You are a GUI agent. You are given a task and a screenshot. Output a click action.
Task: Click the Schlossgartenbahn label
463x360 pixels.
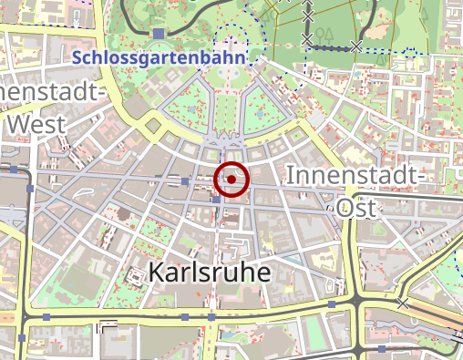159,58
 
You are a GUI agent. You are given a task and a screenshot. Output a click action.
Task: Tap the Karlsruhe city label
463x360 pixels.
211,272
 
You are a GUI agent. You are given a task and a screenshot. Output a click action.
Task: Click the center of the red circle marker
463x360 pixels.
232,180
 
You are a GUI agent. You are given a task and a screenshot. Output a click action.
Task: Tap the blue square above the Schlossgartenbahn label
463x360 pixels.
159,34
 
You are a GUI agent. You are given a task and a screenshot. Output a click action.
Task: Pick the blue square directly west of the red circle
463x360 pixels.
186,181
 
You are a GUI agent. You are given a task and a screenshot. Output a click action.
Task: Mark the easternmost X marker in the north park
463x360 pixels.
356,46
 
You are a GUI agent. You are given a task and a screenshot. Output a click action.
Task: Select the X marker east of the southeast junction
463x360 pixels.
402,303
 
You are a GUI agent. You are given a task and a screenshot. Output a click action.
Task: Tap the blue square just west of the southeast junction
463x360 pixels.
332,303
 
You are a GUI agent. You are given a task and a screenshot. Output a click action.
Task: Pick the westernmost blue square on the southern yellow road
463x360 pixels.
46,316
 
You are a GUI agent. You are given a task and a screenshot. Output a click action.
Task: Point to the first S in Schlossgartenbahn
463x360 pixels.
75,58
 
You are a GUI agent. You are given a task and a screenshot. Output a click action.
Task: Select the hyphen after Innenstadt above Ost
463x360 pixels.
422,175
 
